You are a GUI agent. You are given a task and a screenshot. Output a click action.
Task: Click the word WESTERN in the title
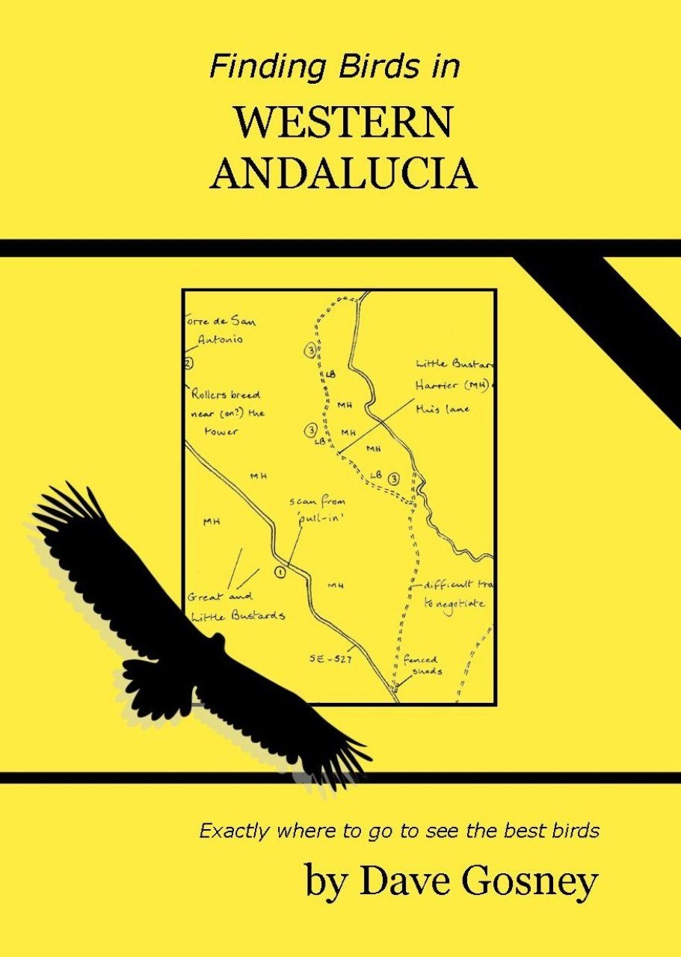coord(343,123)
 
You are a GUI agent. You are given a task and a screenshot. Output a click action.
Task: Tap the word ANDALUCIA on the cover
coord(343,174)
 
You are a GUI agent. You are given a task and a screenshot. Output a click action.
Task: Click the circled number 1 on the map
coord(280,572)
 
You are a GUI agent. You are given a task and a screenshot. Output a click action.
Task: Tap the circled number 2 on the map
coord(188,363)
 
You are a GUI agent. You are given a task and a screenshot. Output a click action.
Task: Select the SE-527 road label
coord(330,659)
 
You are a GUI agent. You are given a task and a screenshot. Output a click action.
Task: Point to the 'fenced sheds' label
coord(421,665)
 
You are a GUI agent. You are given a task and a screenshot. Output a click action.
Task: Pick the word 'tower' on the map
coord(221,431)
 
